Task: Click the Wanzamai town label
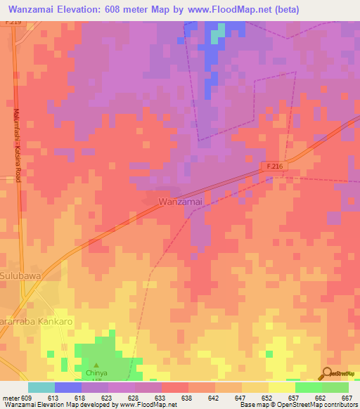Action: point(181,202)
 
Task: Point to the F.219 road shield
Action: point(11,22)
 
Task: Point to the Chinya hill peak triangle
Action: point(96,347)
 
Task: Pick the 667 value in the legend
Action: point(346,397)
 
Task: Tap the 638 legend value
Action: point(186,397)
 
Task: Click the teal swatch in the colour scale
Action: point(41,387)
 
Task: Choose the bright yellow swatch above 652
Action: point(282,387)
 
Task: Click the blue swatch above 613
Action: point(68,387)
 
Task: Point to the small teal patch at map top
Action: point(220,29)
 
